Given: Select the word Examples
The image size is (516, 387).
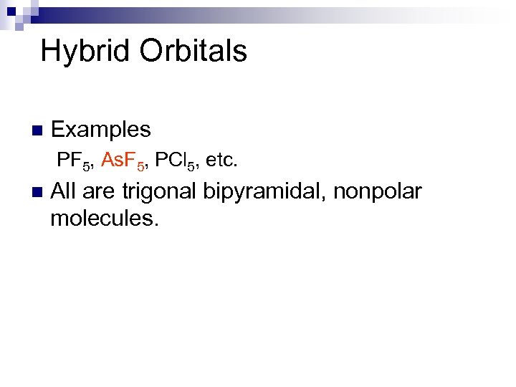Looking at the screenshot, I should point(101,130).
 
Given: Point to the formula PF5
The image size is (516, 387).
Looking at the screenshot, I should point(75,161).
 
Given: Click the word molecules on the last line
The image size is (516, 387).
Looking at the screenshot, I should point(103,218).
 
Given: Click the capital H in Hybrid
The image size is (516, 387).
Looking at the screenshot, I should point(51,52).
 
